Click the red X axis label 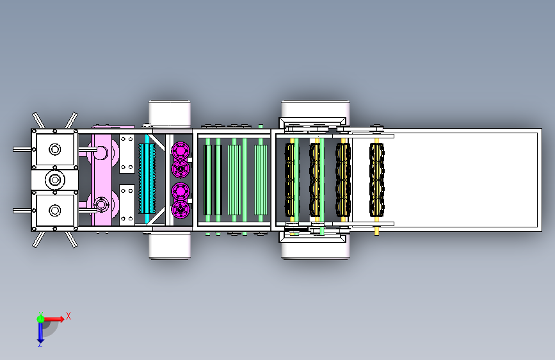[68, 316]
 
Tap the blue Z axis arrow [40, 332]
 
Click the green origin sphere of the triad [40, 319]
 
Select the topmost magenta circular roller [181, 151]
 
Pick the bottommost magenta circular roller [181, 209]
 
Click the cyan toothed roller [147, 178]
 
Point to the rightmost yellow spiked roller [377, 179]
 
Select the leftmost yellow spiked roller [291, 179]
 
